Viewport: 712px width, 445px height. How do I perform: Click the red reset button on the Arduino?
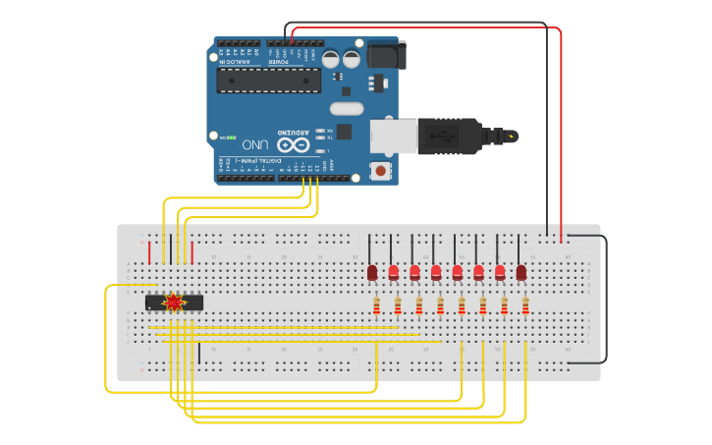click(x=381, y=171)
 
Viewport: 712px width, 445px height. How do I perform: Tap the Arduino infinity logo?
click(x=300, y=145)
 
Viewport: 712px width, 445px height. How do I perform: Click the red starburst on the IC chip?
click(x=174, y=303)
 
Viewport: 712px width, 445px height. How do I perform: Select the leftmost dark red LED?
click(x=372, y=272)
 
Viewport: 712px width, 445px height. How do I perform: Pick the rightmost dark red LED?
click(x=521, y=272)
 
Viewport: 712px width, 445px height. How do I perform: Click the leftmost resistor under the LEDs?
click(x=376, y=307)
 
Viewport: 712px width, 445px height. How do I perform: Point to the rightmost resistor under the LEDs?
click(x=525, y=307)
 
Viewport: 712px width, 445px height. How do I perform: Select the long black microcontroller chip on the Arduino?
click(x=268, y=80)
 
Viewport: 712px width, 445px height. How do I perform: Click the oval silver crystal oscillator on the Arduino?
click(x=346, y=108)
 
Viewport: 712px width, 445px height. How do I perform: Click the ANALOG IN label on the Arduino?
click(x=239, y=60)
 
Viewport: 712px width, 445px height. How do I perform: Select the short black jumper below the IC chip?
click(x=199, y=352)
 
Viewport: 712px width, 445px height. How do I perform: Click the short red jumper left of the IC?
click(x=149, y=252)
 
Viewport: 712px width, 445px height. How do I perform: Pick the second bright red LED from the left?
click(x=414, y=272)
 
